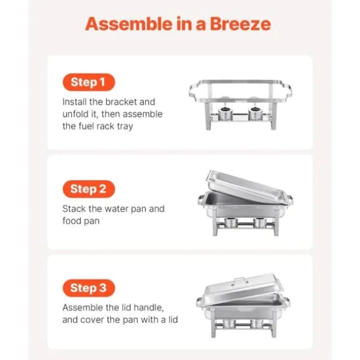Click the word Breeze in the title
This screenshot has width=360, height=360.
(240, 24)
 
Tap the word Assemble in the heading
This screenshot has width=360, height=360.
(128, 24)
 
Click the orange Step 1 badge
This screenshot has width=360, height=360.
(89, 82)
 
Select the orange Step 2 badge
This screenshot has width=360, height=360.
(89, 189)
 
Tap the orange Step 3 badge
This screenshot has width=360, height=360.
(89, 288)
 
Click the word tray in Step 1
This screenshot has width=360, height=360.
(125, 127)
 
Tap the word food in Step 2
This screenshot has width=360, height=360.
(71, 220)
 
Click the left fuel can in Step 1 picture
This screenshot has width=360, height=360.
(225, 114)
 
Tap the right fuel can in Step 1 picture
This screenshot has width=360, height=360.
(255, 114)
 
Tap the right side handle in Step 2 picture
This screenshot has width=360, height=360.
(289, 199)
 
